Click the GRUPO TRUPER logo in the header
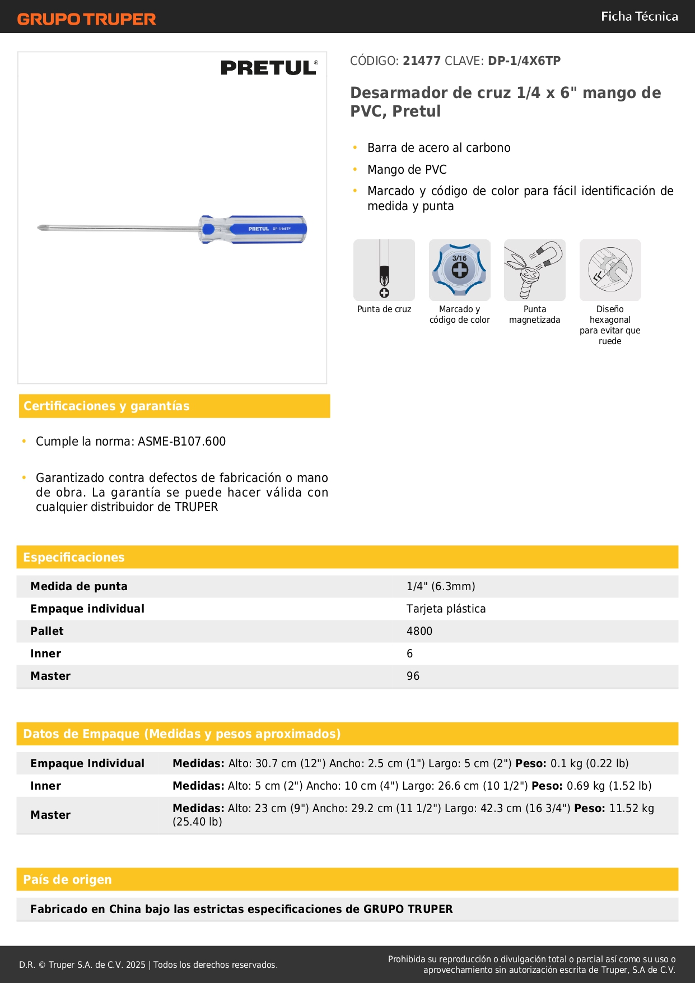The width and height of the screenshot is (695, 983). click(86, 19)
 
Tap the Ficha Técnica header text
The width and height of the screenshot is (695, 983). click(639, 16)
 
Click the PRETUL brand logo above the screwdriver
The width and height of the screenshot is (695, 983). click(269, 68)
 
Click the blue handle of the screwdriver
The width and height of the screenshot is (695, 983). click(263, 229)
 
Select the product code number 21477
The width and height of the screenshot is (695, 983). click(422, 61)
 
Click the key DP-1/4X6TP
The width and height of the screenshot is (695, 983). click(524, 61)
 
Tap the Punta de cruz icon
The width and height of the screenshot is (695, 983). click(384, 270)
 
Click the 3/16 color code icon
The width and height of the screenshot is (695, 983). click(459, 270)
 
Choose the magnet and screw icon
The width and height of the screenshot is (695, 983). click(535, 270)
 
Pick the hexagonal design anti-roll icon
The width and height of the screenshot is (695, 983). click(610, 270)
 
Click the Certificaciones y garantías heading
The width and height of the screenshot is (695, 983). click(106, 406)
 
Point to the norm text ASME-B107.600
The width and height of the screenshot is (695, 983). click(181, 442)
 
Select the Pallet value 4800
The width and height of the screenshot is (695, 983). click(419, 631)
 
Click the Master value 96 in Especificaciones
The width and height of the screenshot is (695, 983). click(413, 676)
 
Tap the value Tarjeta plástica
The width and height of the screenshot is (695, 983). click(446, 609)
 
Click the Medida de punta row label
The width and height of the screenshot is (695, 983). click(79, 586)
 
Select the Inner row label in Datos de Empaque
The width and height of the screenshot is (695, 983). click(45, 786)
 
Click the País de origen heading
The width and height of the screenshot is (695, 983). click(67, 879)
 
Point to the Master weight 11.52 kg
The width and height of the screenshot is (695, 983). click(631, 808)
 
